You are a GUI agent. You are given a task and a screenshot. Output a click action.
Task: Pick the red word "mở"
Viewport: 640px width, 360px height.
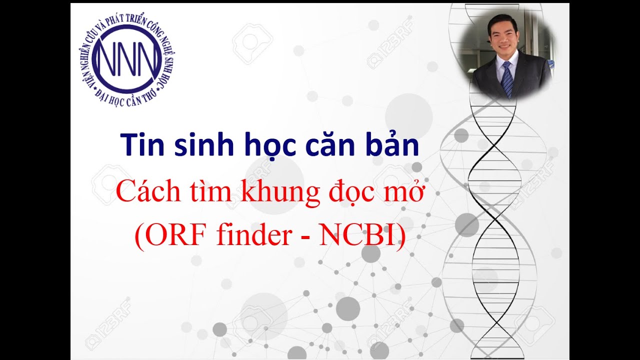click(x=407, y=193)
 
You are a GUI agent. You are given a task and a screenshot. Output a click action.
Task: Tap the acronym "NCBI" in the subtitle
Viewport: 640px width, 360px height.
click(x=358, y=236)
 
